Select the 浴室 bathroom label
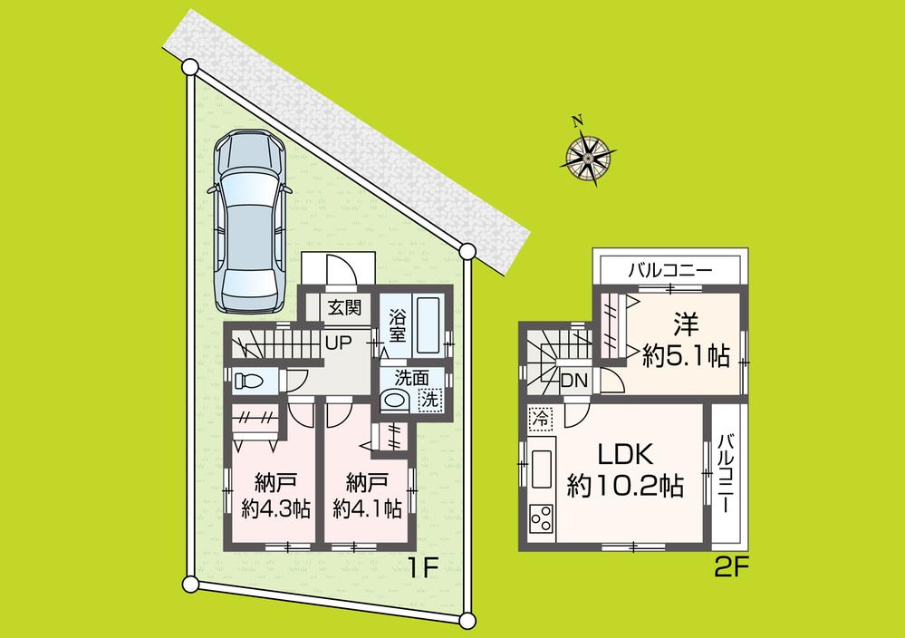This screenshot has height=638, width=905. (397, 326)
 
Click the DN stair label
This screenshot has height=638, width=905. (573, 382)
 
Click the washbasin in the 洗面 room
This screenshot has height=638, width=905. (395, 400)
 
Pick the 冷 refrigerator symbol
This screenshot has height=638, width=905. (540, 420)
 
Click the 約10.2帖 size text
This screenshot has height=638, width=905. (625, 487)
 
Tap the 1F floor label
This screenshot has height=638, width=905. (422, 569)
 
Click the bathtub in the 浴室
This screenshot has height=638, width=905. (427, 326)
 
